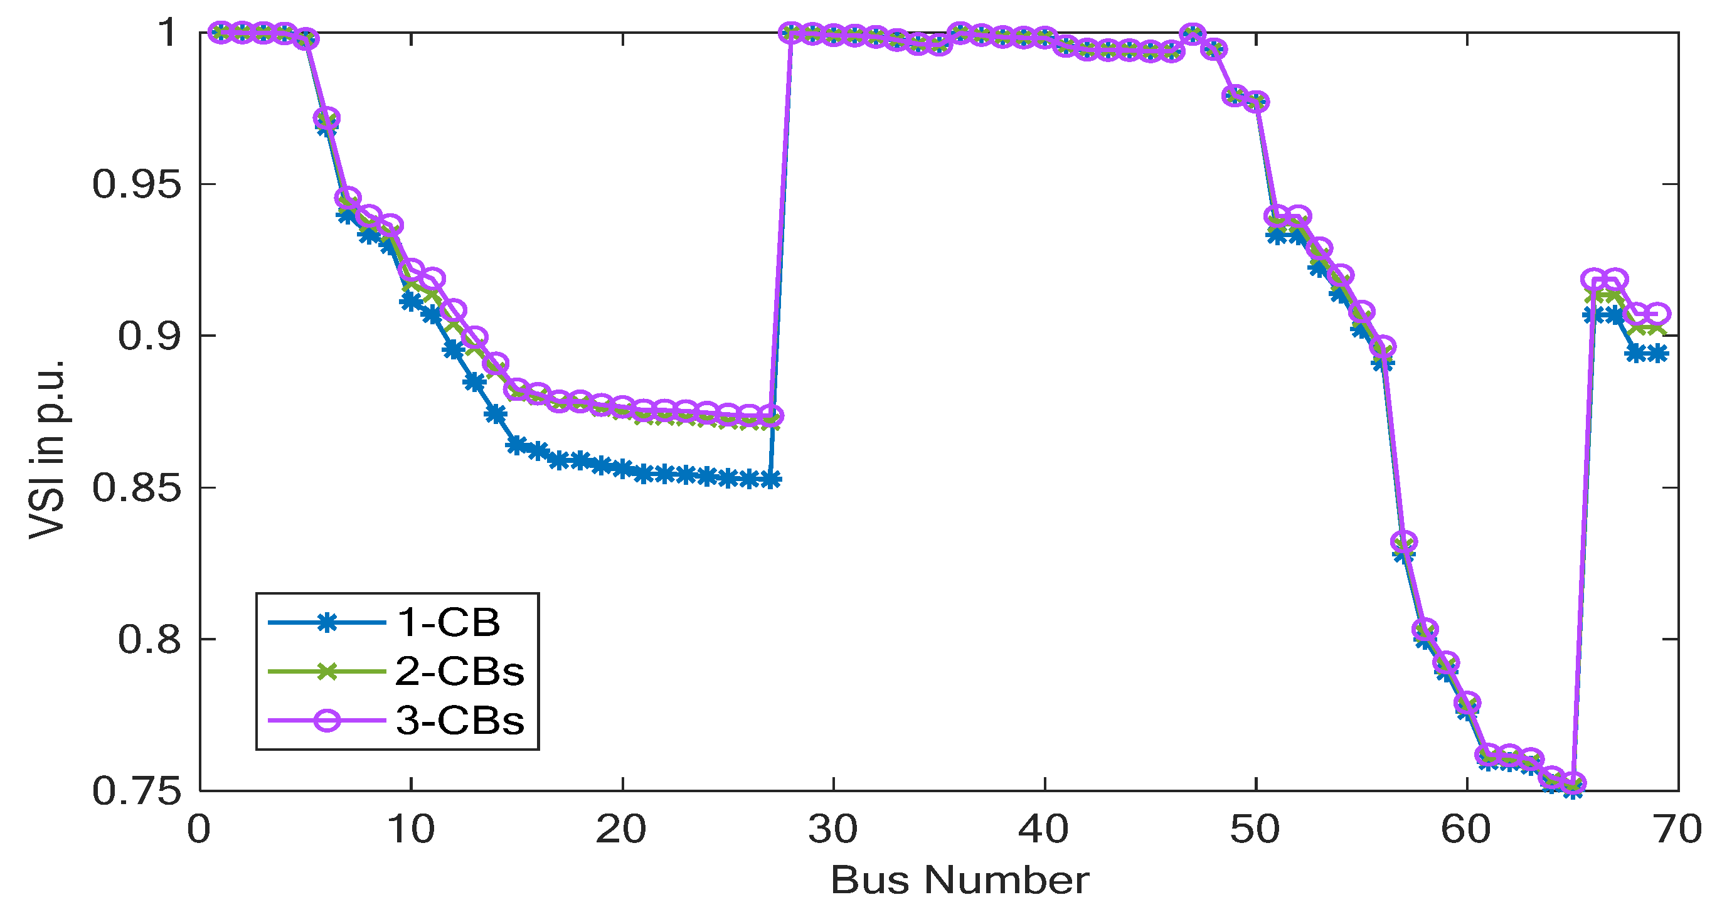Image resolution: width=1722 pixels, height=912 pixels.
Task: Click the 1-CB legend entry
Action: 448,622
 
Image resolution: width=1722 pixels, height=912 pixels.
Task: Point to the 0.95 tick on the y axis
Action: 127,184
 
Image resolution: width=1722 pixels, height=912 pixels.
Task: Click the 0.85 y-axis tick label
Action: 127,487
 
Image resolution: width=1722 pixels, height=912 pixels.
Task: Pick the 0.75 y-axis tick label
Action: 127,791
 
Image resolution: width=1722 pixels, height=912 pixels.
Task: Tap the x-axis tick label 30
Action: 833,829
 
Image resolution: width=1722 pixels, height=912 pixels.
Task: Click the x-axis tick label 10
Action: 410,829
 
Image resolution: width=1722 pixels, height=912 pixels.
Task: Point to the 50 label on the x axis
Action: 1255,829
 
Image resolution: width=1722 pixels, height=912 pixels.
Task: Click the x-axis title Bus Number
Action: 960,880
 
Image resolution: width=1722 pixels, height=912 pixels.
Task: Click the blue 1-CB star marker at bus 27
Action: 770,479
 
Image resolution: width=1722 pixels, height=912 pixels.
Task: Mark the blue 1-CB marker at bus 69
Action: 1657,354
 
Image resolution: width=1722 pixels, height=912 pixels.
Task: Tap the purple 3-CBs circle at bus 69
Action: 1657,314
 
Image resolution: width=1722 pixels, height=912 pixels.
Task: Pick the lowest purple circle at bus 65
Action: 1573,782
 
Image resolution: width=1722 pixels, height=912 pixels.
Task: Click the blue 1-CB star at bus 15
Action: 516,445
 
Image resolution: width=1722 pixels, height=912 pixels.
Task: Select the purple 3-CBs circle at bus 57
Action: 1404,541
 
